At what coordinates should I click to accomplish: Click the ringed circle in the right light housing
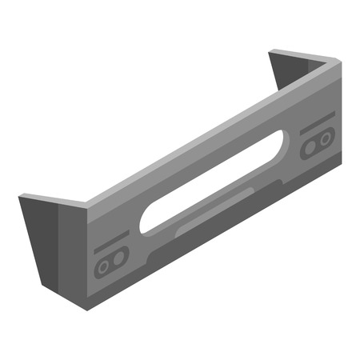point(310,149)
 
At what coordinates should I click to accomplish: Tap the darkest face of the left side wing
point(40,240)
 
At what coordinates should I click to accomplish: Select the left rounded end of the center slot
point(147,222)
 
